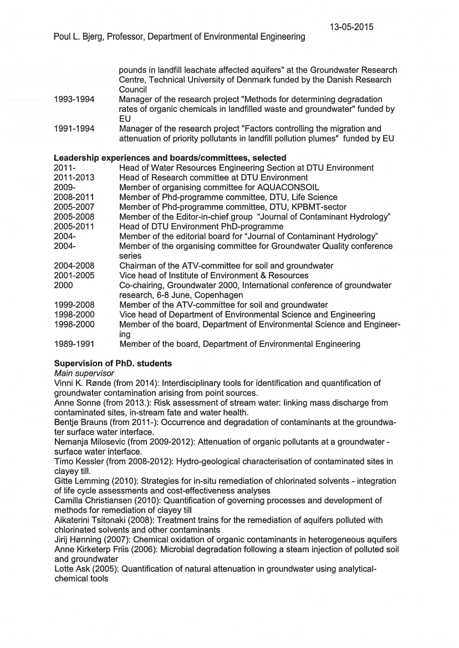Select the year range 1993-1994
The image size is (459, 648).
coord(74,99)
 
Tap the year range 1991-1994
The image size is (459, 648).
coord(74,129)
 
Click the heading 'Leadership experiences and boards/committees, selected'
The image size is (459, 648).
coord(170,158)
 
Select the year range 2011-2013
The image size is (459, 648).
coord(74,177)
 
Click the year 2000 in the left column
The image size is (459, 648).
coord(64,285)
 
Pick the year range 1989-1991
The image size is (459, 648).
coord(74,344)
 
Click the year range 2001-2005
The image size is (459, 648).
coord(74,275)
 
